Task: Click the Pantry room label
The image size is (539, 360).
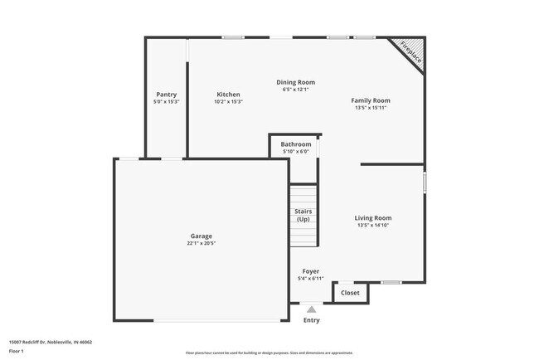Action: click(x=166, y=95)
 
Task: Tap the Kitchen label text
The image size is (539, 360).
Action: click(x=228, y=95)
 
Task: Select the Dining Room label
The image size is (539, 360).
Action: click(x=295, y=82)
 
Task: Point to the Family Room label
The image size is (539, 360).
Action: click(x=370, y=100)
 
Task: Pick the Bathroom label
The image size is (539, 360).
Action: click(x=295, y=144)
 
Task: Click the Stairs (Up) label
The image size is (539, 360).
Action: click(x=303, y=216)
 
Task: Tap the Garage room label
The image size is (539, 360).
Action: click(x=202, y=236)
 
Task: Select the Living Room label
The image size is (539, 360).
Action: click(x=372, y=217)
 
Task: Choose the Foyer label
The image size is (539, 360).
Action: click(x=310, y=271)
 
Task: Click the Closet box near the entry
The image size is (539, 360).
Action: click(x=350, y=292)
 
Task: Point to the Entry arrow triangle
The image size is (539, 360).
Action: click(x=311, y=309)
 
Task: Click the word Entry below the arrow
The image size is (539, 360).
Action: click(x=311, y=320)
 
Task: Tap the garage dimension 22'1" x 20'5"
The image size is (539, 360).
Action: click(x=202, y=243)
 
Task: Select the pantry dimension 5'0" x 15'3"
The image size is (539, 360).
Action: click(x=166, y=102)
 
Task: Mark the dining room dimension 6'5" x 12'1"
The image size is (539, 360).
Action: click(x=295, y=90)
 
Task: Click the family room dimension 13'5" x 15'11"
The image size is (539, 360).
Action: click(x=370, y=108)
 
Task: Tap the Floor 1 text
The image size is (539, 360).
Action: click(x=17, y=351)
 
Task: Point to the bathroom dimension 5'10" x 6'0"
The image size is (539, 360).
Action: click(x=295, y=152)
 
